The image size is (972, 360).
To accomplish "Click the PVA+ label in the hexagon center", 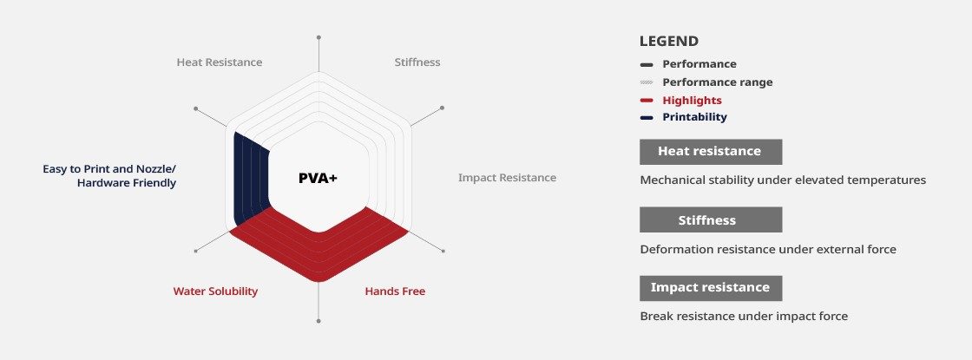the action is pyautogui.click(x=318, y=179).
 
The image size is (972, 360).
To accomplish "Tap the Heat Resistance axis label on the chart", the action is pyautogui.click(x=220, y=62).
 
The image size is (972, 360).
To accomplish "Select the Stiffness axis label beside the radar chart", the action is pyautogui.click(x=417, y=62).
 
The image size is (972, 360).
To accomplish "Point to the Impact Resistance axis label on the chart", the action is pyautogui.click(x=507, y=178).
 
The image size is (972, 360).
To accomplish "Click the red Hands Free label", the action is pyautogui.click(x=395, y=291).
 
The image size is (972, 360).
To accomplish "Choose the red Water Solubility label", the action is pyautogui.click(x=215, y=291).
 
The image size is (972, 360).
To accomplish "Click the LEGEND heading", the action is pyautogui.click(x=669, y=42).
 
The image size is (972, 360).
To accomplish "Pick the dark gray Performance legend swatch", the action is pyautogui.click(x=647, y=64).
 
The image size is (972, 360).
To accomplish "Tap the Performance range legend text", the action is pyautogui.click(x=717, y=82).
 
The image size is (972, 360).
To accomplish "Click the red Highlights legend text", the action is pyautogui.click(x=692, y=101).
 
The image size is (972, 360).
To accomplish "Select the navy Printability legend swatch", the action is pyautogui.click(x=647, y=118).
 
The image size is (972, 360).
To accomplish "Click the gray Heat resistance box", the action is pyautogui.click(x=711, y=152).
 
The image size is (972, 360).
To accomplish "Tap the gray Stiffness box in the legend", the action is pyautogui.click(x=711, y=220).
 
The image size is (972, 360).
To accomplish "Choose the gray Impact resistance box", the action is pyautogui.click(x=711, y=288).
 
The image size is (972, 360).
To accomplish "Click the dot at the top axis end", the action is pyautogui.click(x=319, y=37).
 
